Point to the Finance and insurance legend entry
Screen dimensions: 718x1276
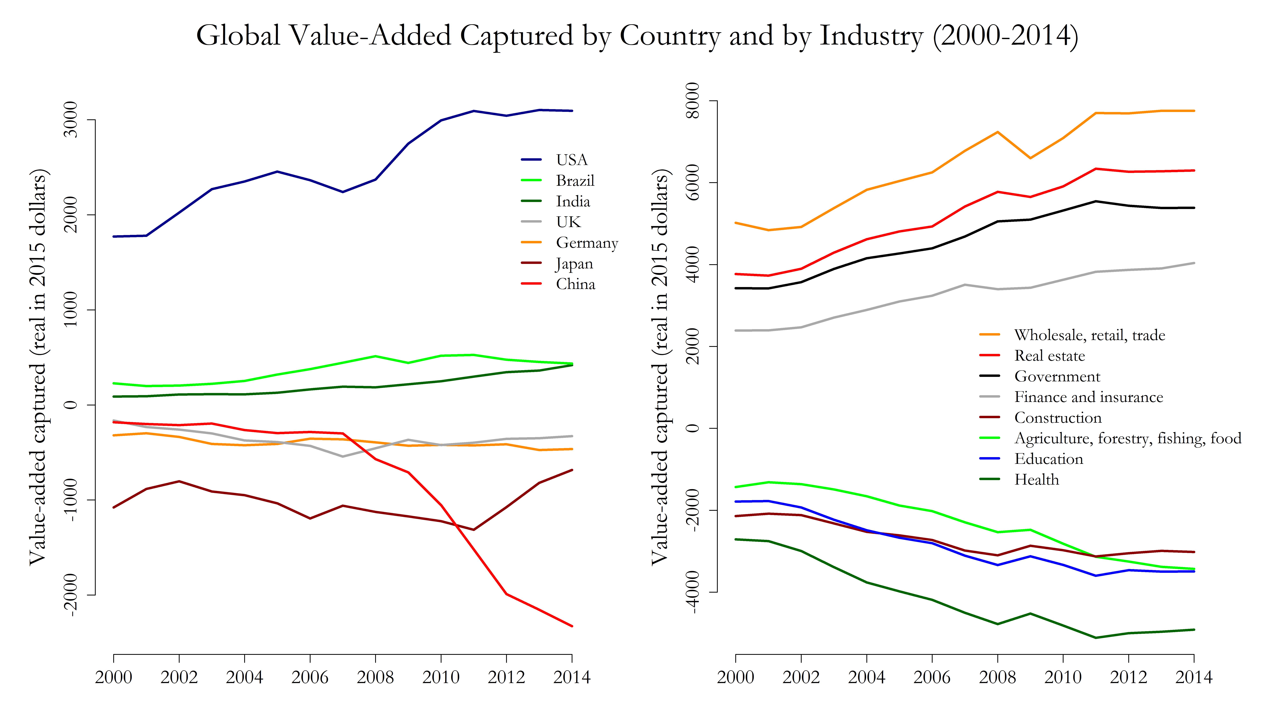point(1088,397)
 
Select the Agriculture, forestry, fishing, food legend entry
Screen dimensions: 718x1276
point(1127,438)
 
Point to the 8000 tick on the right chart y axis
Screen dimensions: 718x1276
point(694,101)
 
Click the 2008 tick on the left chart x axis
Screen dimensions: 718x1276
point(375,677)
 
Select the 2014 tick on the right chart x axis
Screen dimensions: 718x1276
point(1194,677)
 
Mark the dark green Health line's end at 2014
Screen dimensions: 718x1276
point(1194,630)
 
